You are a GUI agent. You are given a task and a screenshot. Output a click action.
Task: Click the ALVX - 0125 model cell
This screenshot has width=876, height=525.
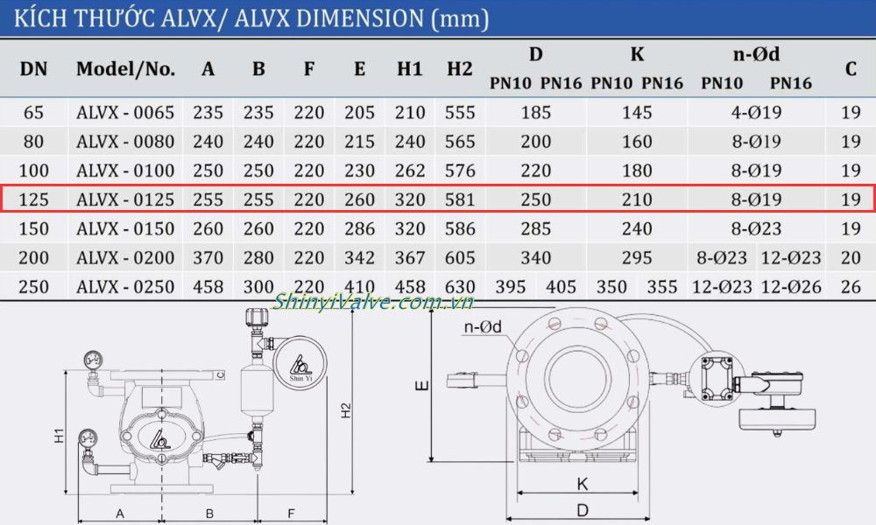pyautogui.click(x=124, y=199)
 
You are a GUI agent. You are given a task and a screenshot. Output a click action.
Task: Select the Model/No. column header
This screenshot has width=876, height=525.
pyautogui.click(x=124, y=68)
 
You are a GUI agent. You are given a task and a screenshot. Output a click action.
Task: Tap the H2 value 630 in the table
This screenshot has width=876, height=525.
pyautogui.click(x=459, y=287)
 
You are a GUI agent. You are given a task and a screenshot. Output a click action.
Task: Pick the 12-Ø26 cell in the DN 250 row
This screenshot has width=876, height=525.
pyautogui.click(x=792, y=287)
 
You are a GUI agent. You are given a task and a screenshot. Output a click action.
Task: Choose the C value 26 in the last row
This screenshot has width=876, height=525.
pyautogui.click(x=851, y=287)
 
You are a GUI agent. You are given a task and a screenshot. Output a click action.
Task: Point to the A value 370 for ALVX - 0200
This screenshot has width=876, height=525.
pyautogui.click(x=208, y=258)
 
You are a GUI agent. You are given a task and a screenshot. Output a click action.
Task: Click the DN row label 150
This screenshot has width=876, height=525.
pyautogui.click(x=33, y=228)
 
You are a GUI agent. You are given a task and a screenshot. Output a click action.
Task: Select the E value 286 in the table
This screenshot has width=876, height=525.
pyautogui.click(x=359, y=228)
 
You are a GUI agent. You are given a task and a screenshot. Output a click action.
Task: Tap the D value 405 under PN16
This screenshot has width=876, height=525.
pyautogui.click(x=562, y=287)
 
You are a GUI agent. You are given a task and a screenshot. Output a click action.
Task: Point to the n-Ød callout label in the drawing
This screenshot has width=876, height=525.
pyautogui.click(x=482, y=327)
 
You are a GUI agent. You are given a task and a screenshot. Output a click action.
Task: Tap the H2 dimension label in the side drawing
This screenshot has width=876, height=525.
pyautogui.click(x=346, y=409)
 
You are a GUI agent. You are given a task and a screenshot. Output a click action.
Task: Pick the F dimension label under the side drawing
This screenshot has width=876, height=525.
pyautogui.click(x=291, y=514)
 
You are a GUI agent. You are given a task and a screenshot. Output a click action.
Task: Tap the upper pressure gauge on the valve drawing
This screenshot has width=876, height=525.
pyautogui.click(x=93, y=359)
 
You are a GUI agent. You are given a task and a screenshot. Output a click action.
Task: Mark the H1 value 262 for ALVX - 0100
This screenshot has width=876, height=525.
pyautogui.click(x=409, y=171)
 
